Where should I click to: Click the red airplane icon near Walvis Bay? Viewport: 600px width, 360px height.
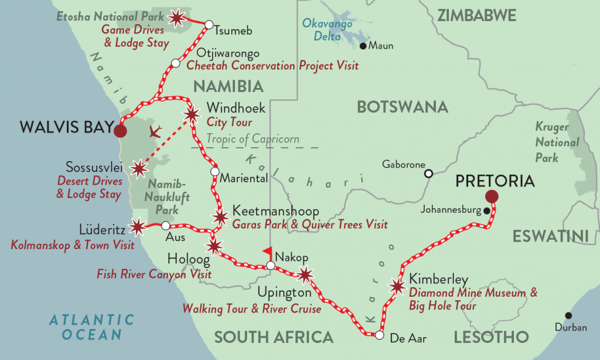point(155,131)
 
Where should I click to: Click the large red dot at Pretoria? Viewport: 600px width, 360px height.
point(492,197)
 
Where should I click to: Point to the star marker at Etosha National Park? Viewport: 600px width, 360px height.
point(176,19)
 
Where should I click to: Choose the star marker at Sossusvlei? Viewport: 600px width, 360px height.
point(138,169)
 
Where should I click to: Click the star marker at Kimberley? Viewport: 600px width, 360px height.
point(398,286)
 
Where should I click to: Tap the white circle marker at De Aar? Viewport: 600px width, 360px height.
point(379,336)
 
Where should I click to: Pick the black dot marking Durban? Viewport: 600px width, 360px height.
point(568,315)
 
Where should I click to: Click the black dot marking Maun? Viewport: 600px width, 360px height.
point(363,46)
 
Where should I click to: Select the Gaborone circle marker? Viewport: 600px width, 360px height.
point(429,173)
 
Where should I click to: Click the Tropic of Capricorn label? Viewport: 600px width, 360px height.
point(253,139)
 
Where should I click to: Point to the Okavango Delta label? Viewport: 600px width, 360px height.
point(327,30)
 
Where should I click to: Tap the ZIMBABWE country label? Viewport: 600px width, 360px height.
point(476,15)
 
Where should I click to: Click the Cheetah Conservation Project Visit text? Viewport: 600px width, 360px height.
point(272,66)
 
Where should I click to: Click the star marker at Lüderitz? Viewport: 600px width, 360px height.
point(137,226)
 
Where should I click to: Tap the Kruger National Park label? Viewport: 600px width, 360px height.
point(557,142)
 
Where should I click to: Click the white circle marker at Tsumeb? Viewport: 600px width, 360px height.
point(208,25)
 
